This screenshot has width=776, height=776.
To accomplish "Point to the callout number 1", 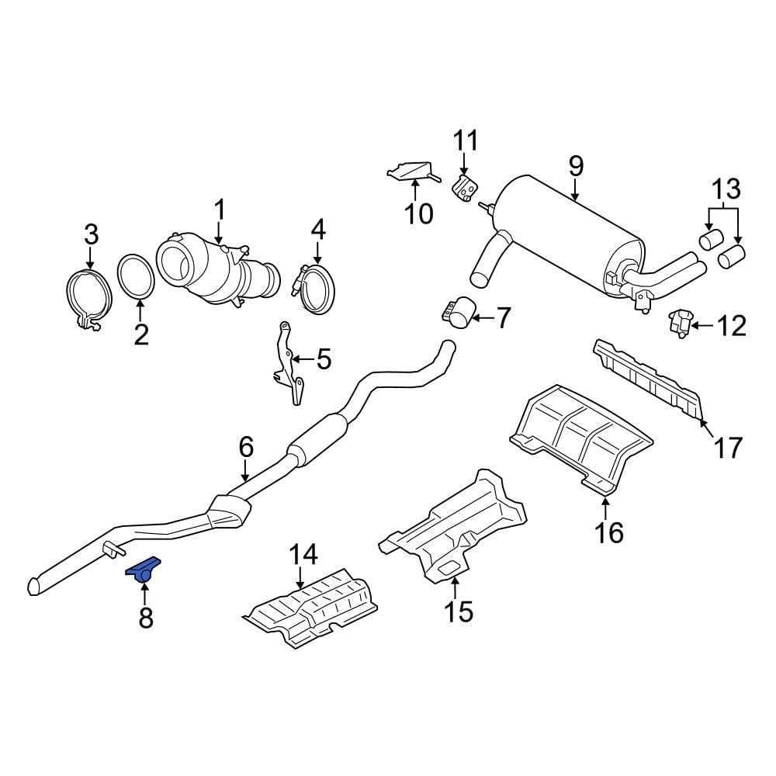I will click(219, 210).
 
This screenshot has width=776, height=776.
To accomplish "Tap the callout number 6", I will click(245, 447).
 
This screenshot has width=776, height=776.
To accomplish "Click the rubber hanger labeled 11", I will click(465, 189).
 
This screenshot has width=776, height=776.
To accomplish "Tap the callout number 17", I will click(728, 448).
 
